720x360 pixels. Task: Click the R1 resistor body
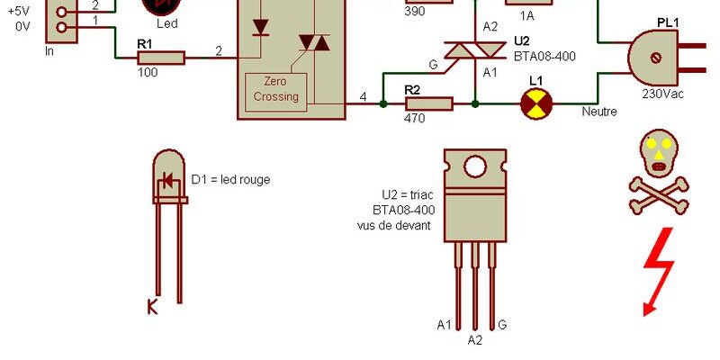click(x=161, y=58)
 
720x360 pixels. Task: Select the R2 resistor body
click(x=429, y=103)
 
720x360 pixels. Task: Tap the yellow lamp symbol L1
click(x=535, y=103)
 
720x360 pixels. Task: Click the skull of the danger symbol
click(x=659, y=153)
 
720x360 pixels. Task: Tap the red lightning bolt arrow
click(x=659, y=271)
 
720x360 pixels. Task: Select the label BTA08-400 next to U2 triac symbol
click(x=544, y=57)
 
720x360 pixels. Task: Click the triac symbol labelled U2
click(x=475, y=50)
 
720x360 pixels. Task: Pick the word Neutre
click(x=599, y=112)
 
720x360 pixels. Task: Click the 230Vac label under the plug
click(x=662, y=94)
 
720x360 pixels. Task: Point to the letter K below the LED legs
click(x=152, y=306)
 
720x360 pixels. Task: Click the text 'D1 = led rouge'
click(x=230, y=179)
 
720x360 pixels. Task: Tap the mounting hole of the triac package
click(x=475, y=166)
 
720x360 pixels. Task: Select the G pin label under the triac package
click(x=502, y=325)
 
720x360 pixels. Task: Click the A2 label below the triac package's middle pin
click(x=475, y=340)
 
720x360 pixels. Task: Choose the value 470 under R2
click(x=415, y=119)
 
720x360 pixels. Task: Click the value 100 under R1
click(x=148, y=73)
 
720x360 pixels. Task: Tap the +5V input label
click(x=19, y=11)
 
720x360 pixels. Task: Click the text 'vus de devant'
click(x=394, y=226)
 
